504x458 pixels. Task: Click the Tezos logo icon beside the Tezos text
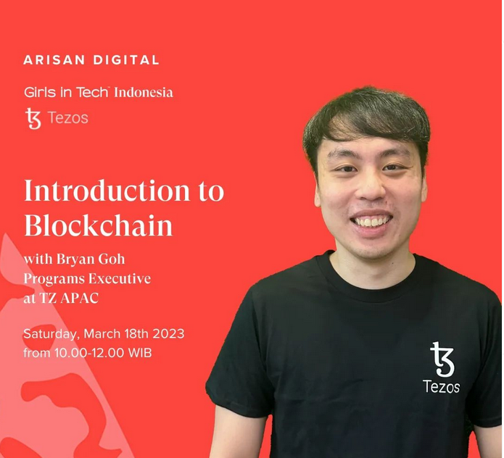pyautogui.click(x=33, y=118)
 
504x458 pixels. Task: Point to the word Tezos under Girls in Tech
pyautogui.click(x=67, y=118)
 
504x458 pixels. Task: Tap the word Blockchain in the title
pyautogui.click(x=99, y=225)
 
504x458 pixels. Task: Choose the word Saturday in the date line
pyautogui.click(x=51, y=334)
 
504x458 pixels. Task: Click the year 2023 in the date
pyautogui.click(x=168, y=334)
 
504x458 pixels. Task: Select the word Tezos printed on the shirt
pyautogui.click(x=441, y=387)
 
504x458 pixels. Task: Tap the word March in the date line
pyautogui.click(x=103, y=334)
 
